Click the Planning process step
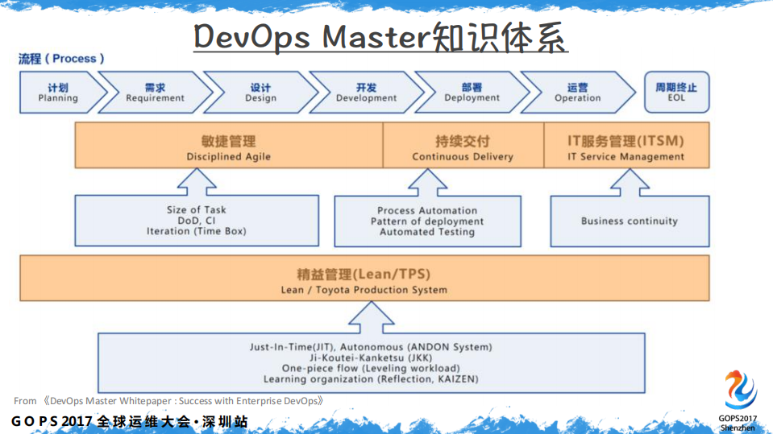tap(58, 93)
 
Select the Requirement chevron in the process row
tap(155, 93)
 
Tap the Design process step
tap(260, 93)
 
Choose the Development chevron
tap(366, 93)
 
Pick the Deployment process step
tap(472, 93)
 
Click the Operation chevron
tap(577, 93)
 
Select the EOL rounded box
tap(675, 93)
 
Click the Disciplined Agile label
tap(229, 157)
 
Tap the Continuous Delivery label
tap(463, 157)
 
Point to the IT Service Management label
tap(625, 157)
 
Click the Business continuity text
tap(630, 221)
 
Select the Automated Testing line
tap(427, 232)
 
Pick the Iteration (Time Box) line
tap(196, 231)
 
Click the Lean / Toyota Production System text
tap(364, 290)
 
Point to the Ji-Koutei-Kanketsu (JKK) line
tap(370, 358)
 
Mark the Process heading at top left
tap(61, 59)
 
